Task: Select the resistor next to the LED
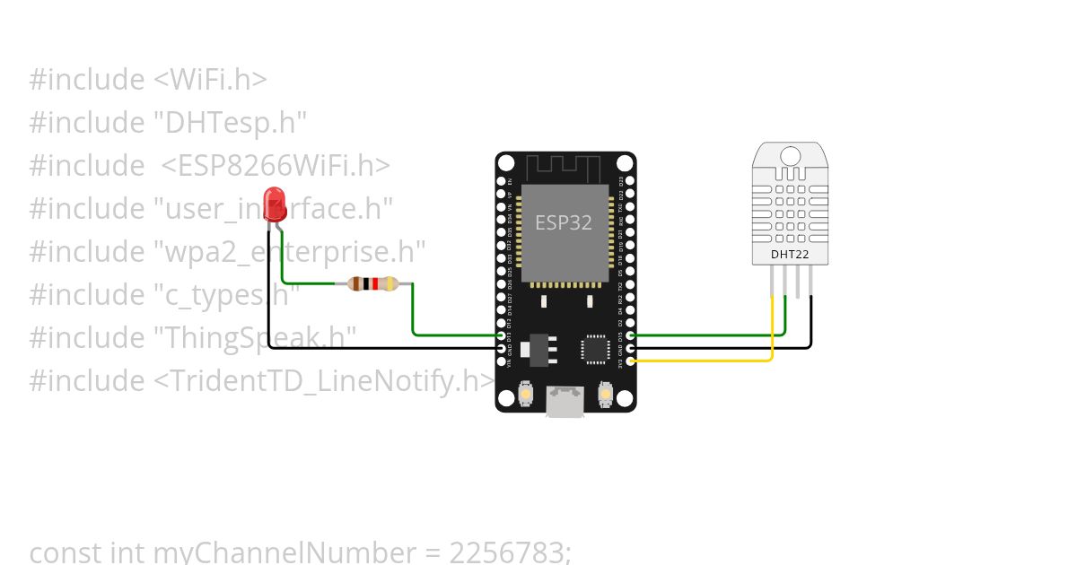[x=372, y=284]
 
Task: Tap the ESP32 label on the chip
[x=564, y=222]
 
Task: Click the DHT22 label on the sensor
[x=790, y=254]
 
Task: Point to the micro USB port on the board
[x=565, y=400]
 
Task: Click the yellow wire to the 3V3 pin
[x=718, y=361]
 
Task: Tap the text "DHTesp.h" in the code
[x=236, y=122]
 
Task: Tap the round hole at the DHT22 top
[x=790, y=156]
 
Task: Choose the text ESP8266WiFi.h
[x=276, y=165]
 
